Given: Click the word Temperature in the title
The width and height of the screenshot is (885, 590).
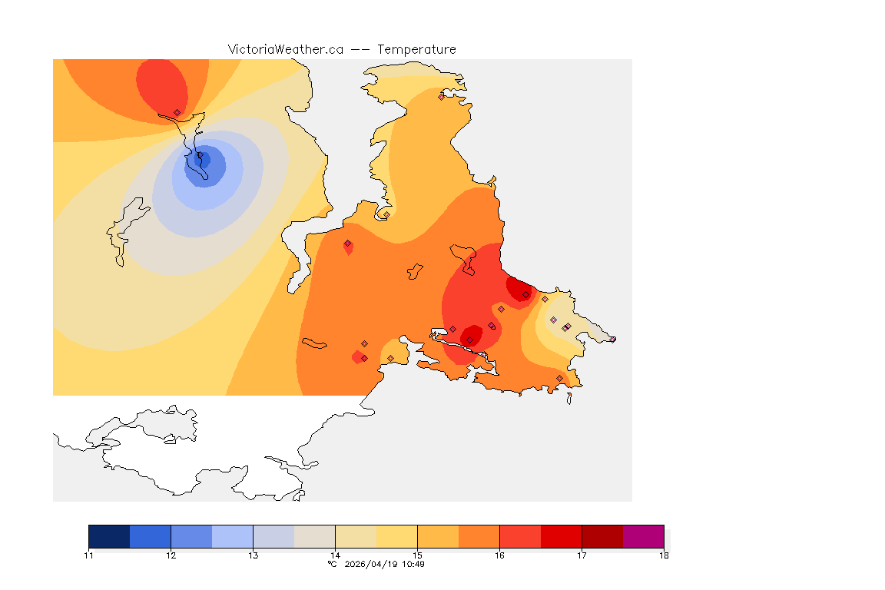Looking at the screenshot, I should [x=416, y=49].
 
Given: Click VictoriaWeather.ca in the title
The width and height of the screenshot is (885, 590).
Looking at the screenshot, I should [x=285, y=49].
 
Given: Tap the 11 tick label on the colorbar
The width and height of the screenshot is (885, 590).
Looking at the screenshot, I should [x=89, y=555].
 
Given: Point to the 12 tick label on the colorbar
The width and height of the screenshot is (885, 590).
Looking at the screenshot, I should [x=171, y=555].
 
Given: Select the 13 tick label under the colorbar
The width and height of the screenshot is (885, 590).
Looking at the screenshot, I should [x=253, y=555].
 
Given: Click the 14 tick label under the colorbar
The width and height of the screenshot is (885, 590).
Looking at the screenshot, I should [x=335, y=555].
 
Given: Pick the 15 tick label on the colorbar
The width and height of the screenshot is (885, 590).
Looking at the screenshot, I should [x=417, y=555].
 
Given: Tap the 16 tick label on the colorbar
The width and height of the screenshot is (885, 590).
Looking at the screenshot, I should [x=499, y=555].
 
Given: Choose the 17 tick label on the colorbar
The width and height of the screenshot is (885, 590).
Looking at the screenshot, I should [x=582, y=555].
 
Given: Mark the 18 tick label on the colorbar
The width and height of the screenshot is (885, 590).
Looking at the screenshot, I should [x=663, y=555].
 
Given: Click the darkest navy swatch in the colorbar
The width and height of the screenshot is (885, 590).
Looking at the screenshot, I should [x=109, y=536].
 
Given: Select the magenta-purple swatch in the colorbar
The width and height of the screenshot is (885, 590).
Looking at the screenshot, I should [x=643, y=536].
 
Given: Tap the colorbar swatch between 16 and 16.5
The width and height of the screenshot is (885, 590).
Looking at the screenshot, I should [x=520, y=536].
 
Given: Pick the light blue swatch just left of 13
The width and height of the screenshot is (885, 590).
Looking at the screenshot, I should [x=232, y=536].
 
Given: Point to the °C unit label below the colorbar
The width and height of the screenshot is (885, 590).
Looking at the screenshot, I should [x=332, y=564].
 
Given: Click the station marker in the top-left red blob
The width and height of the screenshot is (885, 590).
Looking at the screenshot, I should [x=177, y=112].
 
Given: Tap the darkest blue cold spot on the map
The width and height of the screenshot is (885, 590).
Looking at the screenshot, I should [x=204, y=160].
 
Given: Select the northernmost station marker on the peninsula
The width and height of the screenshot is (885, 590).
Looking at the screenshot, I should [x=441, y=97].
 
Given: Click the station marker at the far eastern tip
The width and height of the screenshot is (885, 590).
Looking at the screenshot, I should [x=612, y=340].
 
